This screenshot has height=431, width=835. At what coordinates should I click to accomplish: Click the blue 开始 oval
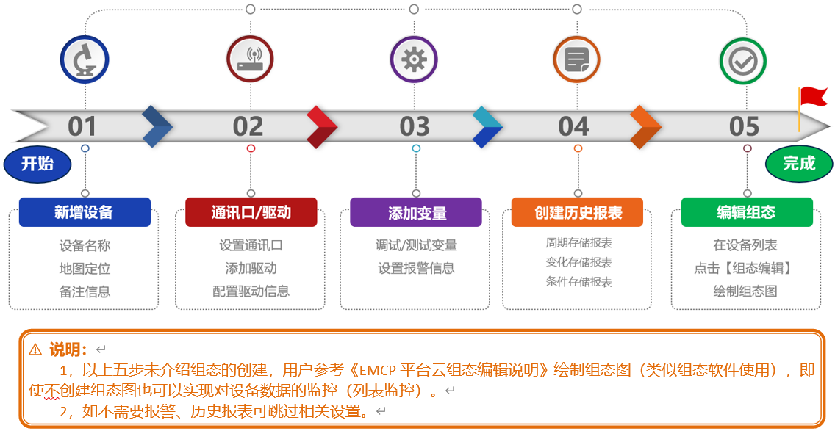pos(37,163)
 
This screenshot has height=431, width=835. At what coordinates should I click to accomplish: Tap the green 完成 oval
pos(799,163)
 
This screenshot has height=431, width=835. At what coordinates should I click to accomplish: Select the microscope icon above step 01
pos(85,59)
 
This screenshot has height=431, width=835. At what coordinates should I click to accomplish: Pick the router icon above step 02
pos(251,59)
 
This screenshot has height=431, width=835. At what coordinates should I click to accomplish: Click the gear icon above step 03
pos(414,59)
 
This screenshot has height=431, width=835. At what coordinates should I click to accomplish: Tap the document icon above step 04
pos(577,59)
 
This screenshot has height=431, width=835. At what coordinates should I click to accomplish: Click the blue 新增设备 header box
pos(85,212)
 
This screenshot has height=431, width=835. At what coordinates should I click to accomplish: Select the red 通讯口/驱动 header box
pos(251,212)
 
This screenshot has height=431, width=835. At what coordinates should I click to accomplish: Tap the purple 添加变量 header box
pos(416,212)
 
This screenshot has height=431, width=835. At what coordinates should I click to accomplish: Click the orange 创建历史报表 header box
pos(577,212)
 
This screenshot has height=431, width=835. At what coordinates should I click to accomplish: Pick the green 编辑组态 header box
pos(747,212)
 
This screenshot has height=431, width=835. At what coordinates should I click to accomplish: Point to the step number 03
pos(415,126)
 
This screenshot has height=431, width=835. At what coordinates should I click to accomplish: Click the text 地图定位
pos(85,269)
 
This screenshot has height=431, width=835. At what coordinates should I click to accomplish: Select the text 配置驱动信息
pos(251,291)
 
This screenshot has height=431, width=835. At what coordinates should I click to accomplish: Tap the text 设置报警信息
pos(417,269)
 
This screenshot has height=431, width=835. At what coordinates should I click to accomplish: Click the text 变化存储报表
pos(579,262)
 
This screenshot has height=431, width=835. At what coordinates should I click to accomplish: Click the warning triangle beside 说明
pos(35,349)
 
